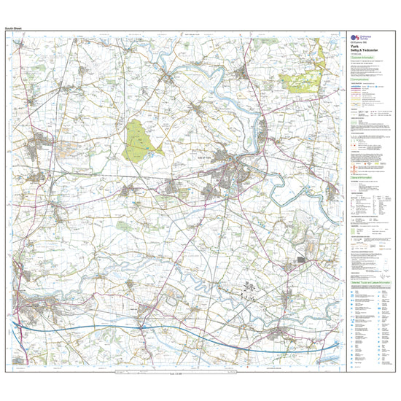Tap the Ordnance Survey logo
357,37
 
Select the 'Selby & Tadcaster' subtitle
362,50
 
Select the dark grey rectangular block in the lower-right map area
300,260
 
